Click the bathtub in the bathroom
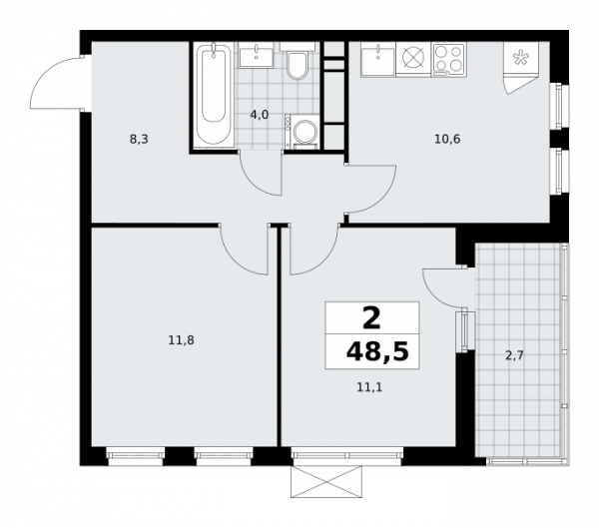click(211, 96)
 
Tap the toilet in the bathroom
click(297, 65)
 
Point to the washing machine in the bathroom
click(300, 132)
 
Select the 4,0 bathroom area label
click(260, 115)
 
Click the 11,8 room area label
click(180, 340)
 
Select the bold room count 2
click(371, 318)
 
